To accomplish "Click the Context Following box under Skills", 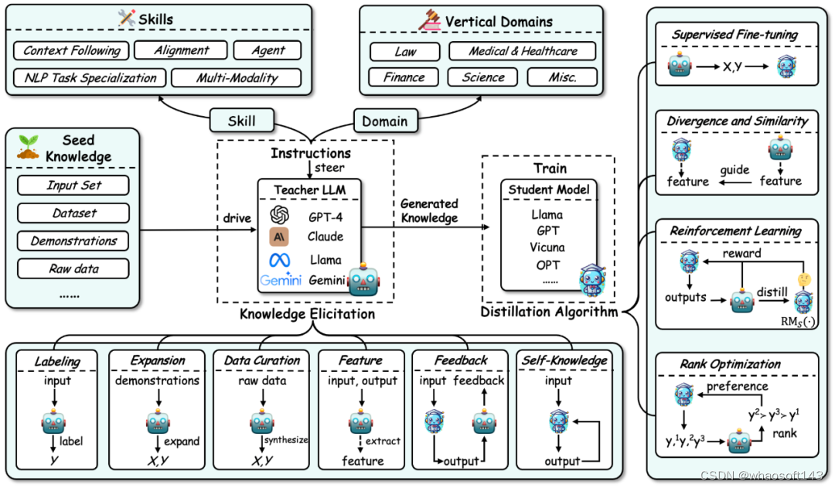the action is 71,50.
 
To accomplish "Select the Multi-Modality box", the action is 237,78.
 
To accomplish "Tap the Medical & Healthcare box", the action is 523,51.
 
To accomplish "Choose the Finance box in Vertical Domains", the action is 404,77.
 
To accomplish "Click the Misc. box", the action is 562,77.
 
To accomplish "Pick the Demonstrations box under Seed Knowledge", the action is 73,241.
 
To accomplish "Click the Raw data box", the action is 73,268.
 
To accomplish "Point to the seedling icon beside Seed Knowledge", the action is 28,148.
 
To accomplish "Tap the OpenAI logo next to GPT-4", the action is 280,215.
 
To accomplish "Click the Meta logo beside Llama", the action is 280,260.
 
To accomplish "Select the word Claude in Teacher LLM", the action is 325,237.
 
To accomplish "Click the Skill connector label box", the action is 242,121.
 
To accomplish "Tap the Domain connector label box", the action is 385,121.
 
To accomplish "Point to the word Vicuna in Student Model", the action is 547,247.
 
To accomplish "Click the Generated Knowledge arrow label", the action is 429,210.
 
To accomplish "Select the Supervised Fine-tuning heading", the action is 735,35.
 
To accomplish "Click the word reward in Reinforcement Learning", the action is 741,253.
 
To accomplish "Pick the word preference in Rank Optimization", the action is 738,386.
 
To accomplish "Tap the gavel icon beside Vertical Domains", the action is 429,20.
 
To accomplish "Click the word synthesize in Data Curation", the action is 287,440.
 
